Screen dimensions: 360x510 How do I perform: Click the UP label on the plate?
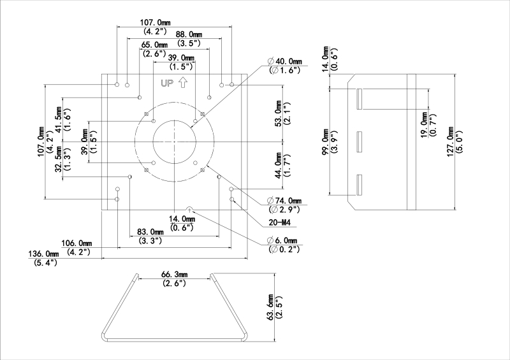click(x=167, y=83)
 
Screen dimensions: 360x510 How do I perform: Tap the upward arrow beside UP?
click(x=182, y=82)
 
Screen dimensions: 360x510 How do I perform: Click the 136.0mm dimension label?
click(x=43, y=254)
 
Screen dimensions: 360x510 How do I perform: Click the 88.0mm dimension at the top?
click(x=189, y=34)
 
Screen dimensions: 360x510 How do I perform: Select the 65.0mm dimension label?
click(x=155, y=45)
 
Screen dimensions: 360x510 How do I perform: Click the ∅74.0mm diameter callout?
click(x=285, y=201)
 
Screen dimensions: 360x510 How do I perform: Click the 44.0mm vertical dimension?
click(x=277, y=166)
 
